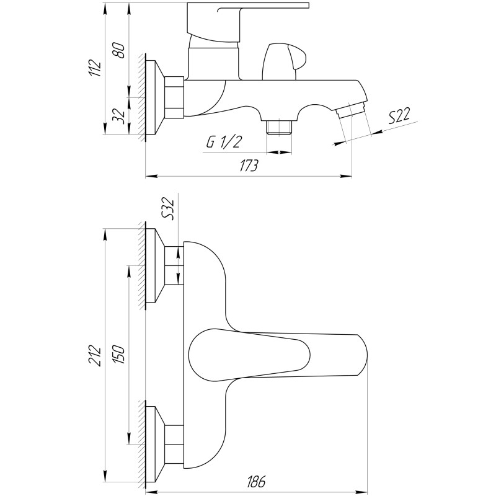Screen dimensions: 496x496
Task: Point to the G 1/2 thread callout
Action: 224,142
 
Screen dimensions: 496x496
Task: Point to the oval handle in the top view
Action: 248,353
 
